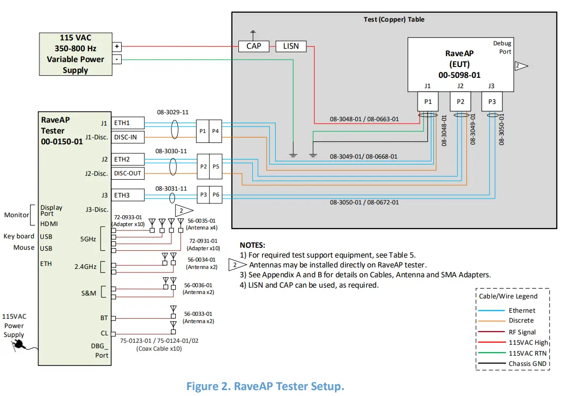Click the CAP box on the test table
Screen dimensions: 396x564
(x=254, y=46)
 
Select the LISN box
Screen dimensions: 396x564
(x=291, y=46)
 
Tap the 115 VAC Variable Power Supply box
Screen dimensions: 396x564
(x=75, y=54)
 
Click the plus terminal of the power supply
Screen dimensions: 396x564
(x=117, y=46)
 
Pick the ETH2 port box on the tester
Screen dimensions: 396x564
(x=128, y=159)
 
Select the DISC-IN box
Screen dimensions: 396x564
(x=128, y=137)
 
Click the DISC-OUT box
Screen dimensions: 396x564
(x=128, y=173)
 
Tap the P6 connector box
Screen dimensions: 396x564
(x=216, y=195)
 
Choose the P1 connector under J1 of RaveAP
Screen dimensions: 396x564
(x=428, y=101)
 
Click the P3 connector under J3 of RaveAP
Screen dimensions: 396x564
(x=492, y=101)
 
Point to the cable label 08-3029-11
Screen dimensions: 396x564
(x=172, y=112)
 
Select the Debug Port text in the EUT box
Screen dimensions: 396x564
(x=502, y=48)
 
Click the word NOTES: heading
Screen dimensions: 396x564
(x=252, y=245)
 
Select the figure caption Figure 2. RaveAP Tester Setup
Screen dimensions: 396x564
(x=265, y=387)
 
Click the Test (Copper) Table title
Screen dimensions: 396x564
(x=394, y=20)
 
